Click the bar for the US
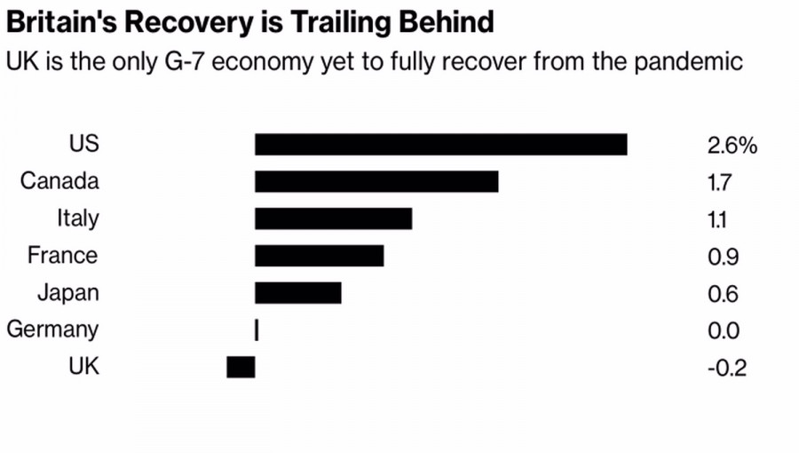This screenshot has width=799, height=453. point(440,145)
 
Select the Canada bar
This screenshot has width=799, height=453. point(376,182)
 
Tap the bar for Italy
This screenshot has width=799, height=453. point(333,219)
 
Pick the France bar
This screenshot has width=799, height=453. point(319,256)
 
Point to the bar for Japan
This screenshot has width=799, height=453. point(297,293)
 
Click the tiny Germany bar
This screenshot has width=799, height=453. point(257,330)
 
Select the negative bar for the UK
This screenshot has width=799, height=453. point(241,367)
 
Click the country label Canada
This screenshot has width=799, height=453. point(59,182)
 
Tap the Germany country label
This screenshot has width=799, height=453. point(52,330)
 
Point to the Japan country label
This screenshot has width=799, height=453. point(68,293)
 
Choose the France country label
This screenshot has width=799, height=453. point(62,256)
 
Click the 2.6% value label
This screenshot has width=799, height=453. point(732,146)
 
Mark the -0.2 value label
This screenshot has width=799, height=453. point(726,368)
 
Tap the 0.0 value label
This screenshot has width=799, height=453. point(724,331)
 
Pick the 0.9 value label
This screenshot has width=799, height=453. point(724,258)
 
